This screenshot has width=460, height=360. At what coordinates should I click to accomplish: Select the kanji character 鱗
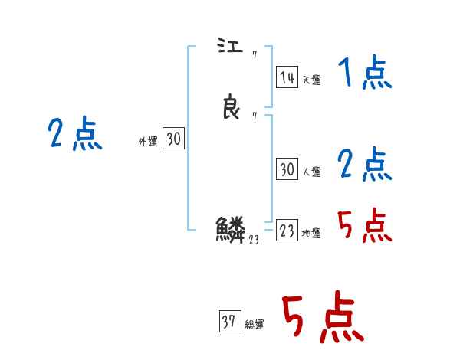pyautogui.click(x=230, y=229)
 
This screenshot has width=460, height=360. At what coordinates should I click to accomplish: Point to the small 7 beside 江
pyautogui.click(x=254, y=56)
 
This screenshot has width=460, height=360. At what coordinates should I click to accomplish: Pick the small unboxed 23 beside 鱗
pyautogui.click(x=255, y=239)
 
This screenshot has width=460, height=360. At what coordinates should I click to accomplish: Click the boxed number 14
pyautogui.click(x=287, y=77)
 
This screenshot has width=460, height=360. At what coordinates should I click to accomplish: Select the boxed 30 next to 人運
pyautogui.click(x=287, y=170)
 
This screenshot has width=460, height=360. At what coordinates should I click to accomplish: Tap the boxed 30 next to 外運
pyautogui.click(x=174, y=139)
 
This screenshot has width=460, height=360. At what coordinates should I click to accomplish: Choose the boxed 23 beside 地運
pyautogui.click(x=287, y=231)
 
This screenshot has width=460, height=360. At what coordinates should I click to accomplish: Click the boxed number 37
pyautogui.click(x=229, y=322)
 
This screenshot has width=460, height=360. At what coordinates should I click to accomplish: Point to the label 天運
pyautogui.click(x=311, y=80)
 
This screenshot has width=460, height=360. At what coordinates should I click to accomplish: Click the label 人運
pyautogui.click(x=311, y=172)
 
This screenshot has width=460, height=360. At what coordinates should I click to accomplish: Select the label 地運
pyautogui.click(x=311, y=234)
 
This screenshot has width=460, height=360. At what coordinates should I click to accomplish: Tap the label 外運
pyautogui.click(x=148, y=142)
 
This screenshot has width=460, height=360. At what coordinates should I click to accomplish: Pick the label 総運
pyautogui.click(x=254, y=325)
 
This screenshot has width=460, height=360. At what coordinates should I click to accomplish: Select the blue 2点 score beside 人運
pyautogui.click(x=365, y=164)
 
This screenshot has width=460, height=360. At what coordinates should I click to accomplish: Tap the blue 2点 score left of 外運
pyautogui.click(x=74, y=134)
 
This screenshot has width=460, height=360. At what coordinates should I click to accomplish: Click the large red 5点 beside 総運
pyautogui.click(x=321, y=318)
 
